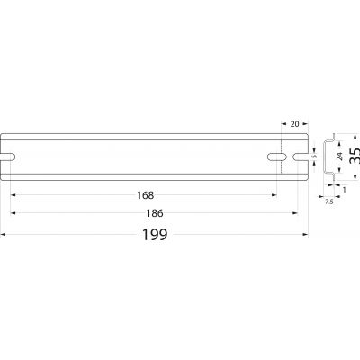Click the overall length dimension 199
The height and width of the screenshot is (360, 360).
point(155,235)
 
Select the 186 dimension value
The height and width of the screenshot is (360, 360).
point(155,213)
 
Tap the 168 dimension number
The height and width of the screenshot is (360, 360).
point(145,195)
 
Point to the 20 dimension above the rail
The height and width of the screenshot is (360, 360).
point(295,123)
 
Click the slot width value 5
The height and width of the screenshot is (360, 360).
point(314,157)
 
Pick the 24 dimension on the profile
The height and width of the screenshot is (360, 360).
point(339,157)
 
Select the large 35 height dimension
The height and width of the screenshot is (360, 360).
point(355,156)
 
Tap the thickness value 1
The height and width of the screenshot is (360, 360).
point(344,190)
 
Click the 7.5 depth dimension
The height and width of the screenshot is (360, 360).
point(329,202)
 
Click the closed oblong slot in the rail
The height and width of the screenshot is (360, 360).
point(277,157)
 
